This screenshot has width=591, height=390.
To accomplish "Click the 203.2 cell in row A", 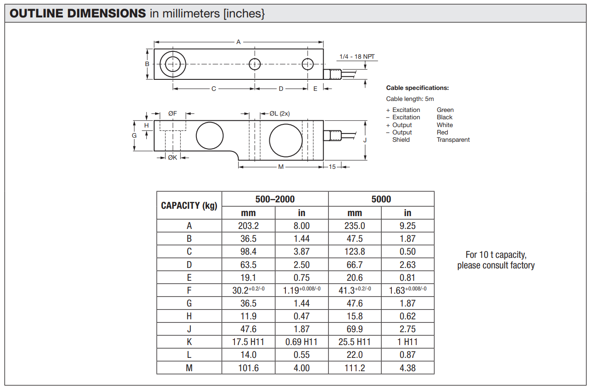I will (248, 226).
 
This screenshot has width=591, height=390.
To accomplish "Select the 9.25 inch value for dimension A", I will (407, 226).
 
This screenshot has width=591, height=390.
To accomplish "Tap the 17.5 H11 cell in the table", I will (248, 342).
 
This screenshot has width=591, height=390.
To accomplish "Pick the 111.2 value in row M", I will (355, 368).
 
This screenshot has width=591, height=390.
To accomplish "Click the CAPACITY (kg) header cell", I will (189, 206).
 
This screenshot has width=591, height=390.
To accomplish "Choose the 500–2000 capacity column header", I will (275, 199).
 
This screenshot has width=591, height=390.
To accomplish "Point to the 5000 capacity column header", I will (381, 199).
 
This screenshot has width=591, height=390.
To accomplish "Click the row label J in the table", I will (189, 329).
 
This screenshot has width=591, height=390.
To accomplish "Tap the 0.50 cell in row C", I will (407, 251).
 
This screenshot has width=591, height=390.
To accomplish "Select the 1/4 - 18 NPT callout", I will (357, 56).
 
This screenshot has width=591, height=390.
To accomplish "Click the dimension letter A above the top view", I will (238, 42).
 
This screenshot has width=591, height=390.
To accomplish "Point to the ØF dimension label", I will (172, 113).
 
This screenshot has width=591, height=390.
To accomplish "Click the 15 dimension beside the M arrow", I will (332, 167).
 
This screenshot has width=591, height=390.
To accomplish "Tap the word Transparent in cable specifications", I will (453, 140).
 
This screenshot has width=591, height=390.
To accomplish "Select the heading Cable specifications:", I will (417, 88).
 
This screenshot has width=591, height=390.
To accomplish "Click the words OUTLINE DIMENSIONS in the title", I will (78, 13).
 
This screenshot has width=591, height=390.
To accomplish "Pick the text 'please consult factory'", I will (496, 266).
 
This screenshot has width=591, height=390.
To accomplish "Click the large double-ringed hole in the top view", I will (173, 64).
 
